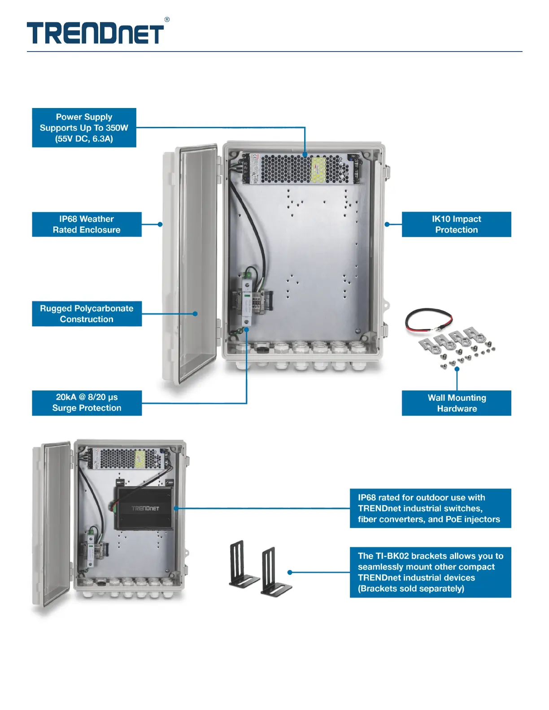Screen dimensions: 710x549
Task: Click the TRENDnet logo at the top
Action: (95, 33)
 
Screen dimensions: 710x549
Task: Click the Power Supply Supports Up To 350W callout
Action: (84, 128)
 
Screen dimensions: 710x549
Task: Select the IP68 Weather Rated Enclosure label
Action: (87, 225)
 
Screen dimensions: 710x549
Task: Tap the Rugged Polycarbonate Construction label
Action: (87, 314)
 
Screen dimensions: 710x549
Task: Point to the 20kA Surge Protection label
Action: (87, 403)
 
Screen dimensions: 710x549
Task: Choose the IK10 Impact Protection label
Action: (456, 225)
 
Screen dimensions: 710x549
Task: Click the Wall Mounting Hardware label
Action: (456, 403)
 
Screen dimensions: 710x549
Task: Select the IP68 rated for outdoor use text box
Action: (430, 508)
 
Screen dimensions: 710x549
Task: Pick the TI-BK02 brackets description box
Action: (430, 572)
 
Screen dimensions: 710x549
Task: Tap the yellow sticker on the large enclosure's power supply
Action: (318, 169)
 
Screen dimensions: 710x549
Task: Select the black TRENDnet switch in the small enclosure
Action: (144, 508)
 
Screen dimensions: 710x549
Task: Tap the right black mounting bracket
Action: (274, 573)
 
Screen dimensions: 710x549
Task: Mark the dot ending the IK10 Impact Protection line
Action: (387, 225)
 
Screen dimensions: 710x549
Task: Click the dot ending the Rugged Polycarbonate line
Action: (195, 314)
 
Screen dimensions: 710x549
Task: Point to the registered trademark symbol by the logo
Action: (167, 20)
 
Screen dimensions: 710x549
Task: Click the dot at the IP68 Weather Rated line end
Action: (160, 225)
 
